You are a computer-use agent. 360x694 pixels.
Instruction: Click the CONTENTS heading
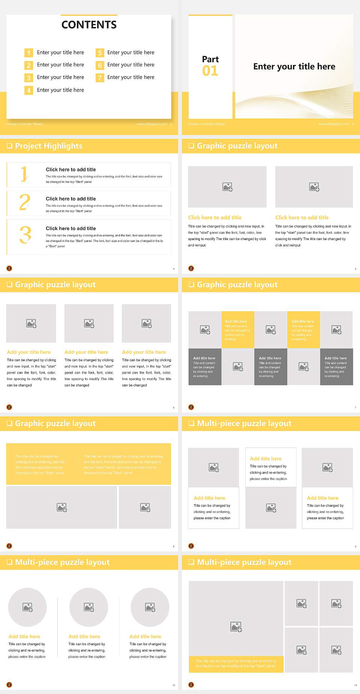click(89, 25)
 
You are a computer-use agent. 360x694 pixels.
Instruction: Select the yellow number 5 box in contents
click(100, 53)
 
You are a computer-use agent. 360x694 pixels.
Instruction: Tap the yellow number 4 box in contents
click(28, 90)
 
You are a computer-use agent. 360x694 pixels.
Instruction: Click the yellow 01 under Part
click(210, 71)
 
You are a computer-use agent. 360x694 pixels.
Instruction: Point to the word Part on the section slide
click(210, 59)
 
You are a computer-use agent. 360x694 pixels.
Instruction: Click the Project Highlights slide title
click(49, 146)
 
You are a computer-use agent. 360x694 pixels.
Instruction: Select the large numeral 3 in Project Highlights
click(25, 235)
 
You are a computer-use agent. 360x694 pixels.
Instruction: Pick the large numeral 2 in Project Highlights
click(25, 203)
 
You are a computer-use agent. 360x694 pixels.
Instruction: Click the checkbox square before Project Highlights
click(10, 146)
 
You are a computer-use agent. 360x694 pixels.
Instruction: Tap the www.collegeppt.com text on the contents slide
click(151, 124)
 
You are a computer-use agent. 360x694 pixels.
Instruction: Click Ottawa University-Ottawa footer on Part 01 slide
click(206, 124)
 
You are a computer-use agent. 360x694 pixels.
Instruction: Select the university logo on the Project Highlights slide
click(9, 268)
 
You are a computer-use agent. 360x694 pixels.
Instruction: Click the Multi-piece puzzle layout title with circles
click(62, 562)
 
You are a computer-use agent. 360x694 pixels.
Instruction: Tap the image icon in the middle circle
click(89, 607)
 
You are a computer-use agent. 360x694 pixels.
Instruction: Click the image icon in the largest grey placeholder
click(236, 626)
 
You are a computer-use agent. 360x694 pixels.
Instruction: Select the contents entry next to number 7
click(130, 77)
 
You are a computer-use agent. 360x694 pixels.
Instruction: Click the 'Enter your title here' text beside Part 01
click(294, 67)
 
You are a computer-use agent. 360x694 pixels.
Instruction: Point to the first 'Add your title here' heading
click(29, 352)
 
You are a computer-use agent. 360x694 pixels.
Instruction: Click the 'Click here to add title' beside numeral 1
click(71, 170)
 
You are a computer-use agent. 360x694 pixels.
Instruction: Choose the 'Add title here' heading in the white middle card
click(265, 459)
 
